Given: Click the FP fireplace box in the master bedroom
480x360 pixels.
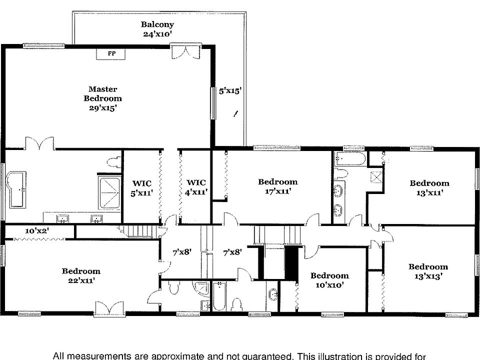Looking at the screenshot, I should [x=111, y=53].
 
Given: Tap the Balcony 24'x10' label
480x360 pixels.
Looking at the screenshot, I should [x=157, y=29].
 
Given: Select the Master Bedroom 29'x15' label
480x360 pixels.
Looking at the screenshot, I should [x=102, y=98].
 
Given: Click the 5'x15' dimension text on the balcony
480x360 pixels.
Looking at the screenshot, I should [x=230, y=91].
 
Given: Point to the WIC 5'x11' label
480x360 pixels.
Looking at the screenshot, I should [x=141, y=187].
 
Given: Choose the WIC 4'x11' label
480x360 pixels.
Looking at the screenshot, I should [x=196, y=187].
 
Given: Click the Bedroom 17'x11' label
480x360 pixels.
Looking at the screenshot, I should [x=277, y=186].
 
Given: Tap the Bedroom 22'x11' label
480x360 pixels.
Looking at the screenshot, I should [x=81, y=276].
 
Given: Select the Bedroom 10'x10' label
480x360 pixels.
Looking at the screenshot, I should [x=329, y=280].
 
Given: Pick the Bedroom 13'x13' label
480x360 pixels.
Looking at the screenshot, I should [x=428, y=271].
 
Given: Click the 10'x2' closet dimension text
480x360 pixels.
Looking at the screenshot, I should [x=37, y=231].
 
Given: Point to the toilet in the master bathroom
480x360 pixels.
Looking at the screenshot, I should [x=114, y=161].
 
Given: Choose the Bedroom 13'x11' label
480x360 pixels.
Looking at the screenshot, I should [x=429, y=187].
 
